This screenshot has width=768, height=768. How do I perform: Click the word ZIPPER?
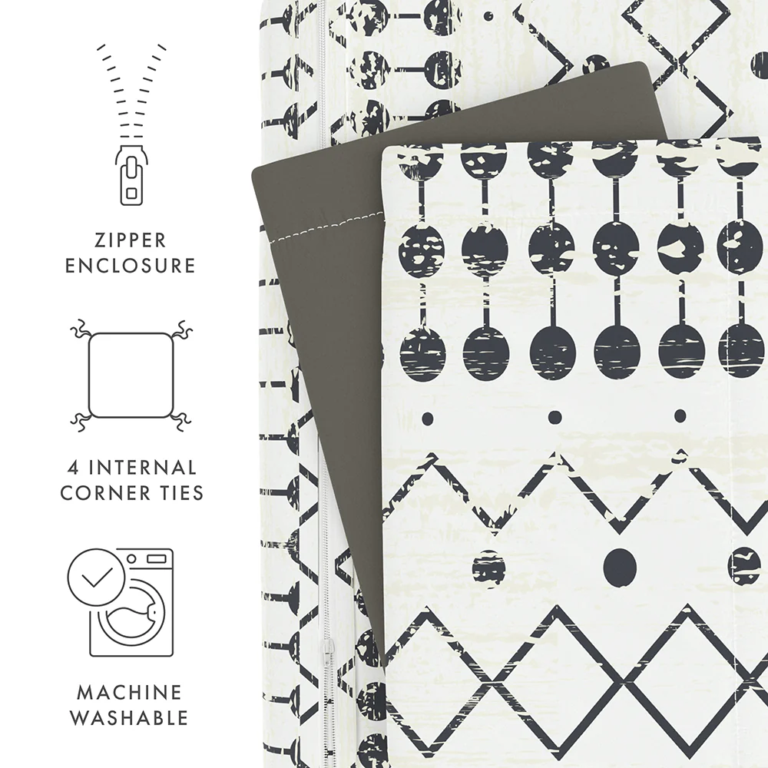click(129, 240)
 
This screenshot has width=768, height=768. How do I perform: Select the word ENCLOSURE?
click(130, 266)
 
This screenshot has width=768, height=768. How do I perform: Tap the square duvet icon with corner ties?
click(130, 374)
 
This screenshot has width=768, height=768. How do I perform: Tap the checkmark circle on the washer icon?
click(94, 579)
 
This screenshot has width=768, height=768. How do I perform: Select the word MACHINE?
click(130, 693)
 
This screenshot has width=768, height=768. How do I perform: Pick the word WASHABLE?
click(130, 718)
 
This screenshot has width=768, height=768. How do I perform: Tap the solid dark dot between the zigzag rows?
click(620, 567)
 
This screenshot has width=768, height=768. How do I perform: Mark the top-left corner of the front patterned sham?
click(386, 151)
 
